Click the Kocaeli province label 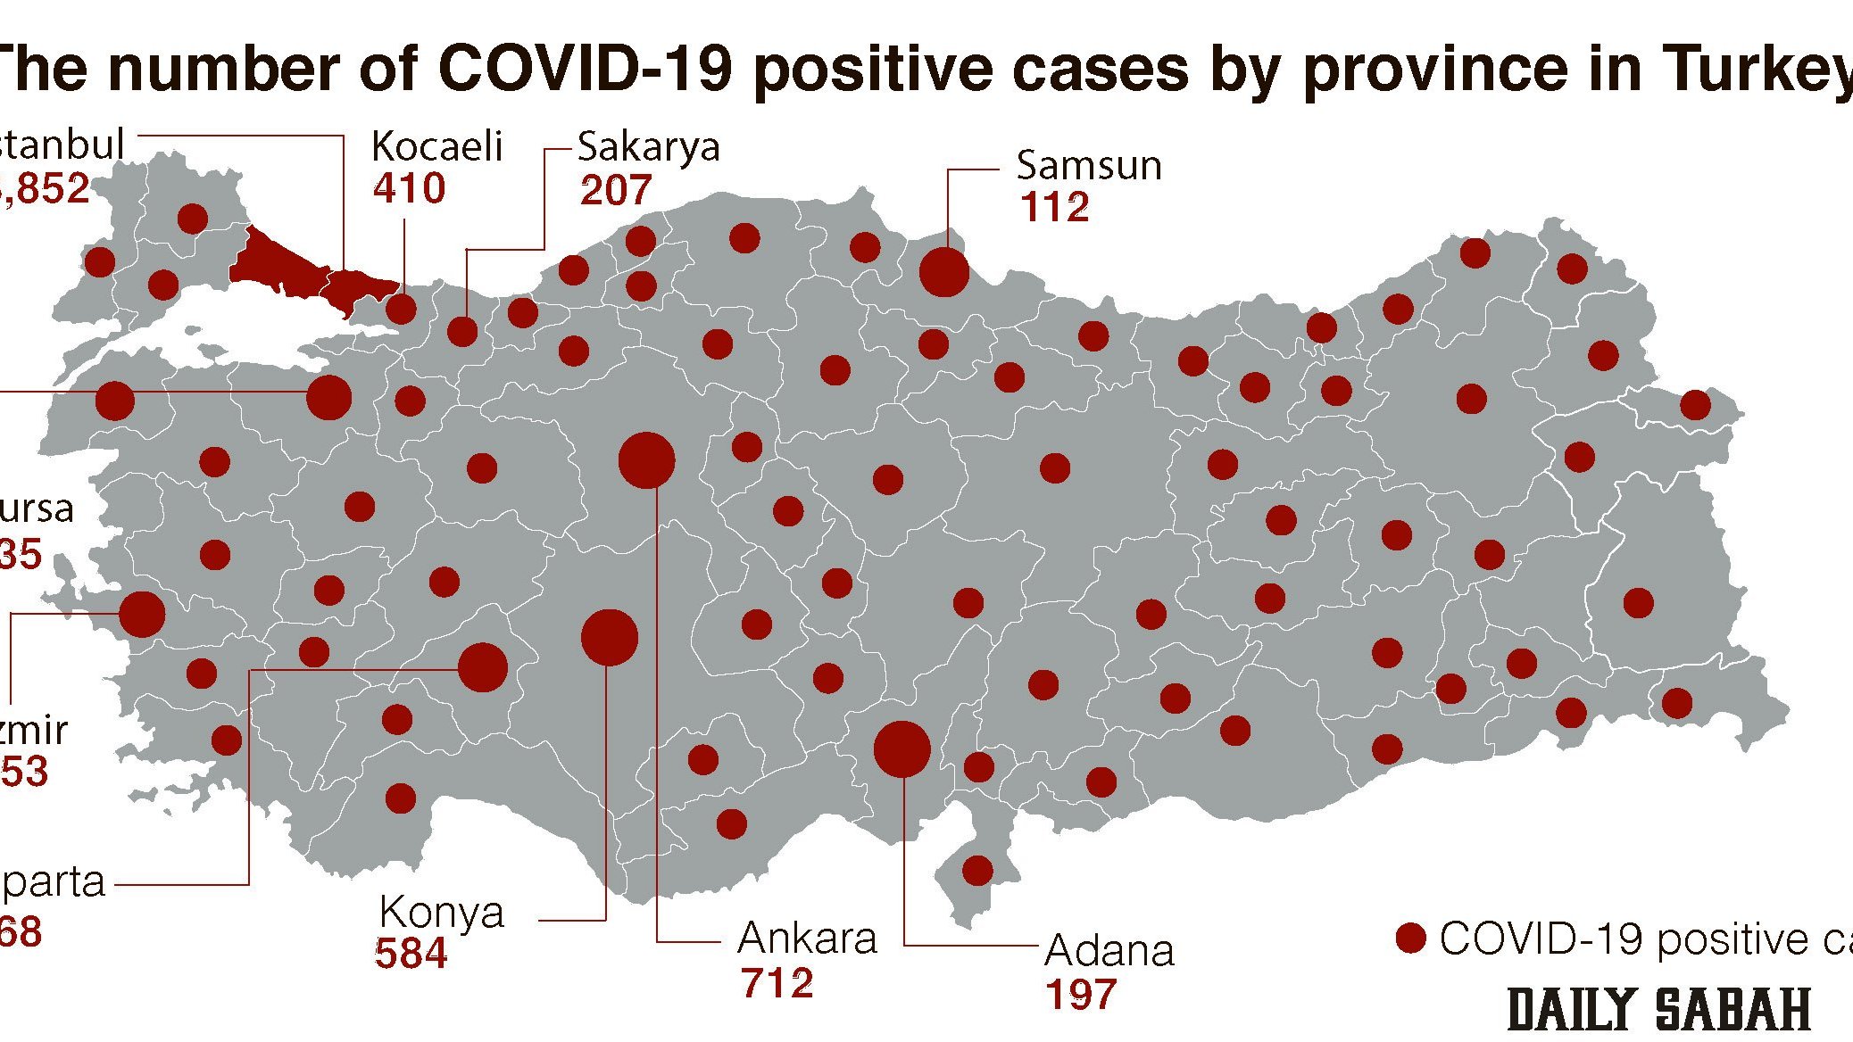coord(436,146)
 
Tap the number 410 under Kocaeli coord(409,188)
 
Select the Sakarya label coord(648,147)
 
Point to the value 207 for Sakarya coord(615,190)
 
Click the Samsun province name coord(1088,166)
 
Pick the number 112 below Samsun coord(1054,208)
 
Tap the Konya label coord(441,912)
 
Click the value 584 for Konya coord(411,954)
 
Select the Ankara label coord(807,939)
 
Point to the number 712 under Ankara coord(777,983)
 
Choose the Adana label coord(1109,951)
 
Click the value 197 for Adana coord(1081,995)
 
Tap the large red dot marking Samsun coord(943,271)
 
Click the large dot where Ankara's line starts coord(646,460)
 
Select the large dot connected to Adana coord(902,749)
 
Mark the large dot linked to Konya coord(609,637)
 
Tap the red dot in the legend coord(1410,939)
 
